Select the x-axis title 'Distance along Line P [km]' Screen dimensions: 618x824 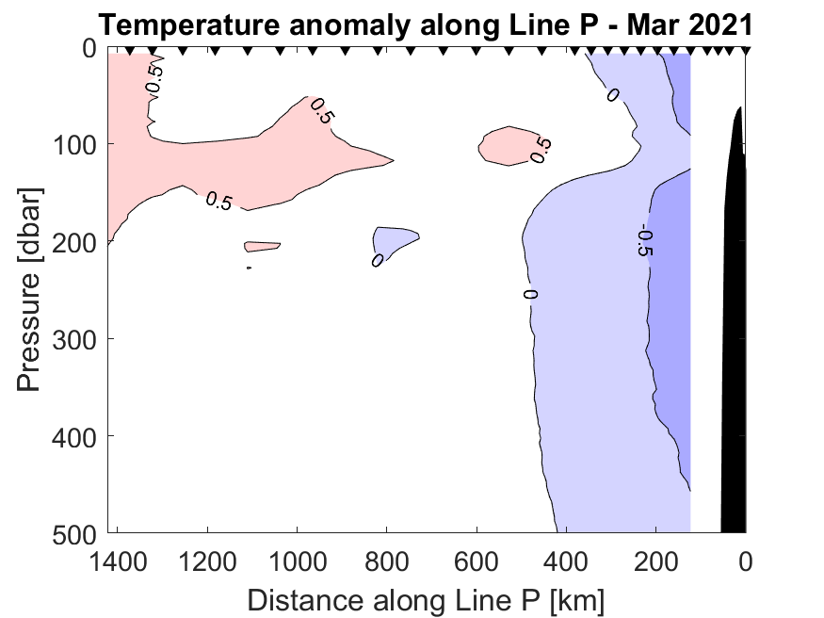(426, 599)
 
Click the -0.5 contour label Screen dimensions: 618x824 (645, 241)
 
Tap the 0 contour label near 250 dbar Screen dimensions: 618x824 (530, 294)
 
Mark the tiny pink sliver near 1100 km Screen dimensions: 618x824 (262, 247)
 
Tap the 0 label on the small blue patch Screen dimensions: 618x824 (378, 259)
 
